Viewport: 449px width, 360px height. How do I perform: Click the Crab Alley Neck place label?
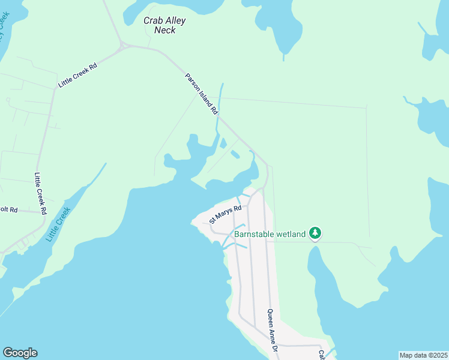coord(164,25)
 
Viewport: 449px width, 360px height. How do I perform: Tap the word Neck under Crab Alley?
coord(164,30)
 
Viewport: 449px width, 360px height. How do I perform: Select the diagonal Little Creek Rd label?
coord(77,76)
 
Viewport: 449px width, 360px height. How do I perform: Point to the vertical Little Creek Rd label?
coord(40,194)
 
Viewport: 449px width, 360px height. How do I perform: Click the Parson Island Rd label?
coord(200,94)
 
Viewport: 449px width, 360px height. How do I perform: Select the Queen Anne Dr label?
coord(272,331)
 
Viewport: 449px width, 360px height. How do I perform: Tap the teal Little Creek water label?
coord(58,224)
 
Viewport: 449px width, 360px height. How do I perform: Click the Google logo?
coord(20,353)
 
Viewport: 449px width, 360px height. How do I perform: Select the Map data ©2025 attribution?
coord(423,355)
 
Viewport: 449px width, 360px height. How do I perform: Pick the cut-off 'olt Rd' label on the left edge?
coord(9,210)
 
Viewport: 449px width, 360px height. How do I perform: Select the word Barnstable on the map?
coord(253,233)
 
